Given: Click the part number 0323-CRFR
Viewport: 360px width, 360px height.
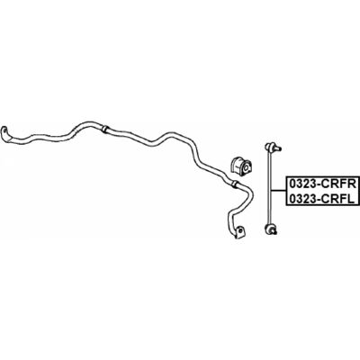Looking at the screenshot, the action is coord(322,184).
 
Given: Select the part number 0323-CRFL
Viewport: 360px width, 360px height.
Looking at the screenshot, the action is coord(321,199).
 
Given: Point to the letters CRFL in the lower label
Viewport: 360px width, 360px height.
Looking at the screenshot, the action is coord(339,199).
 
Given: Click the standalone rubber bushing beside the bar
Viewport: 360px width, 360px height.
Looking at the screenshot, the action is coord(241,166).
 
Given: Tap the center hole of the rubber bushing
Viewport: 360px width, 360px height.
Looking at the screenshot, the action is coord(246,168).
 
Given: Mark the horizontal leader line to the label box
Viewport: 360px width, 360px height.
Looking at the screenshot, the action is coord(278,191).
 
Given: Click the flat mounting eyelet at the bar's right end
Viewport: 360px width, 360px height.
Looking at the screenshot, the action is coord(239,232).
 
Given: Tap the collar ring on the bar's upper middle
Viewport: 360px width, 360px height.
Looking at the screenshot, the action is coord(104,129).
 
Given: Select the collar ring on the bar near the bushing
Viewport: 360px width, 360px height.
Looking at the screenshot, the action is coord(235,184).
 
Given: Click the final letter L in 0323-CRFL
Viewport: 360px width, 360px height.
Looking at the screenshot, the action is coord(352,199).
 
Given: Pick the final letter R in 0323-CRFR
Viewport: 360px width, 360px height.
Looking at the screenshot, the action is coord(353,184).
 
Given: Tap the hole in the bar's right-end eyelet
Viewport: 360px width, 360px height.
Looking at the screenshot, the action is coord(240,230).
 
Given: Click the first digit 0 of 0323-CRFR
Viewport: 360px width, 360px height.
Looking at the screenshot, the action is coord(292,184).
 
